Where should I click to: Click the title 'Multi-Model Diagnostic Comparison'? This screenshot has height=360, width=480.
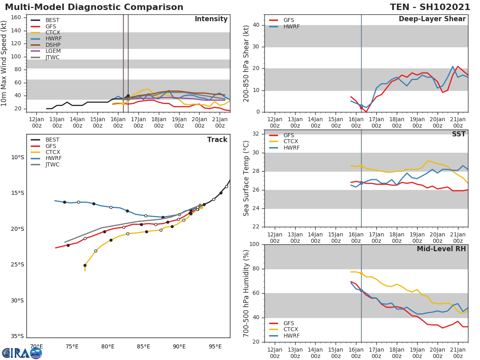(94, 7)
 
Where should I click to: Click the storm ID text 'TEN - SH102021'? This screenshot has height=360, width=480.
(430, 7)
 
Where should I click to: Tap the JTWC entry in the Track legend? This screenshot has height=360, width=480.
(52, 165)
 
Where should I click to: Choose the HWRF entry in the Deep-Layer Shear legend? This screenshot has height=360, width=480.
(291, 26)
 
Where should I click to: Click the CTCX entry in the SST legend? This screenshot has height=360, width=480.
(292, 142)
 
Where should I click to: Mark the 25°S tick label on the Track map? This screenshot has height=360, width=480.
(17, 264)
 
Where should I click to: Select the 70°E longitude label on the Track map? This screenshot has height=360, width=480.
(36, 346)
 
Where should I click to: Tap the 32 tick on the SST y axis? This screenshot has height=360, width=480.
(255, 134)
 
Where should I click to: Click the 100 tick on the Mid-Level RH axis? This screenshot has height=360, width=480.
(254, 244)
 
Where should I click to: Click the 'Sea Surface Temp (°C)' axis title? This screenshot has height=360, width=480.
(246, 178)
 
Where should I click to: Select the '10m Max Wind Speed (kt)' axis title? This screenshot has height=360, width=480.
(4, 63)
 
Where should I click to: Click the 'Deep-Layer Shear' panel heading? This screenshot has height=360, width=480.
(432, 19)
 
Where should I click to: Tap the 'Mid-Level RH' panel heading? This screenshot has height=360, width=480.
(441, 249)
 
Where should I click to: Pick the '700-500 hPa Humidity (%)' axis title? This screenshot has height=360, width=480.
(246, 293)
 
